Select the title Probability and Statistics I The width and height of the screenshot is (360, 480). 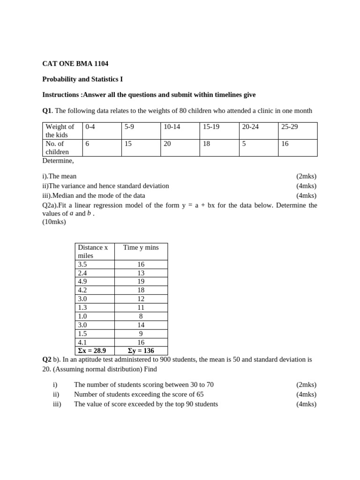tap(82, 79)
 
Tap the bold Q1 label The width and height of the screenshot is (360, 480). tap(47, 111)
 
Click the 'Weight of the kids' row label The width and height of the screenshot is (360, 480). tap(60, 131)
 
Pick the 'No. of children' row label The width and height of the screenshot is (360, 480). tap(57, 148)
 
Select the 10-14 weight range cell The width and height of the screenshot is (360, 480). tap(172, 127)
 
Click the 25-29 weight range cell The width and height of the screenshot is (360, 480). tap(289, 127)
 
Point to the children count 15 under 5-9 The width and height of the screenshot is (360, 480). tap(128, 144)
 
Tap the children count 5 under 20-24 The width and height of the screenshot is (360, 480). tap(244, 144)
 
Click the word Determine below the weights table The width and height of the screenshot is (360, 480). tap(58, 161)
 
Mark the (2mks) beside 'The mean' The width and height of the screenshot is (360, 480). tap(306, 176)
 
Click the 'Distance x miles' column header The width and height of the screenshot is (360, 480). tap(93, 251)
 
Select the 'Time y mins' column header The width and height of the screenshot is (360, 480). tap(141, 247)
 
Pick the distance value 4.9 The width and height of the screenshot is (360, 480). tap(82, 281)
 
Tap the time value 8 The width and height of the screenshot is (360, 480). tap(141, 316)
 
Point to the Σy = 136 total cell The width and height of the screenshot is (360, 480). tap(141, 351)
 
